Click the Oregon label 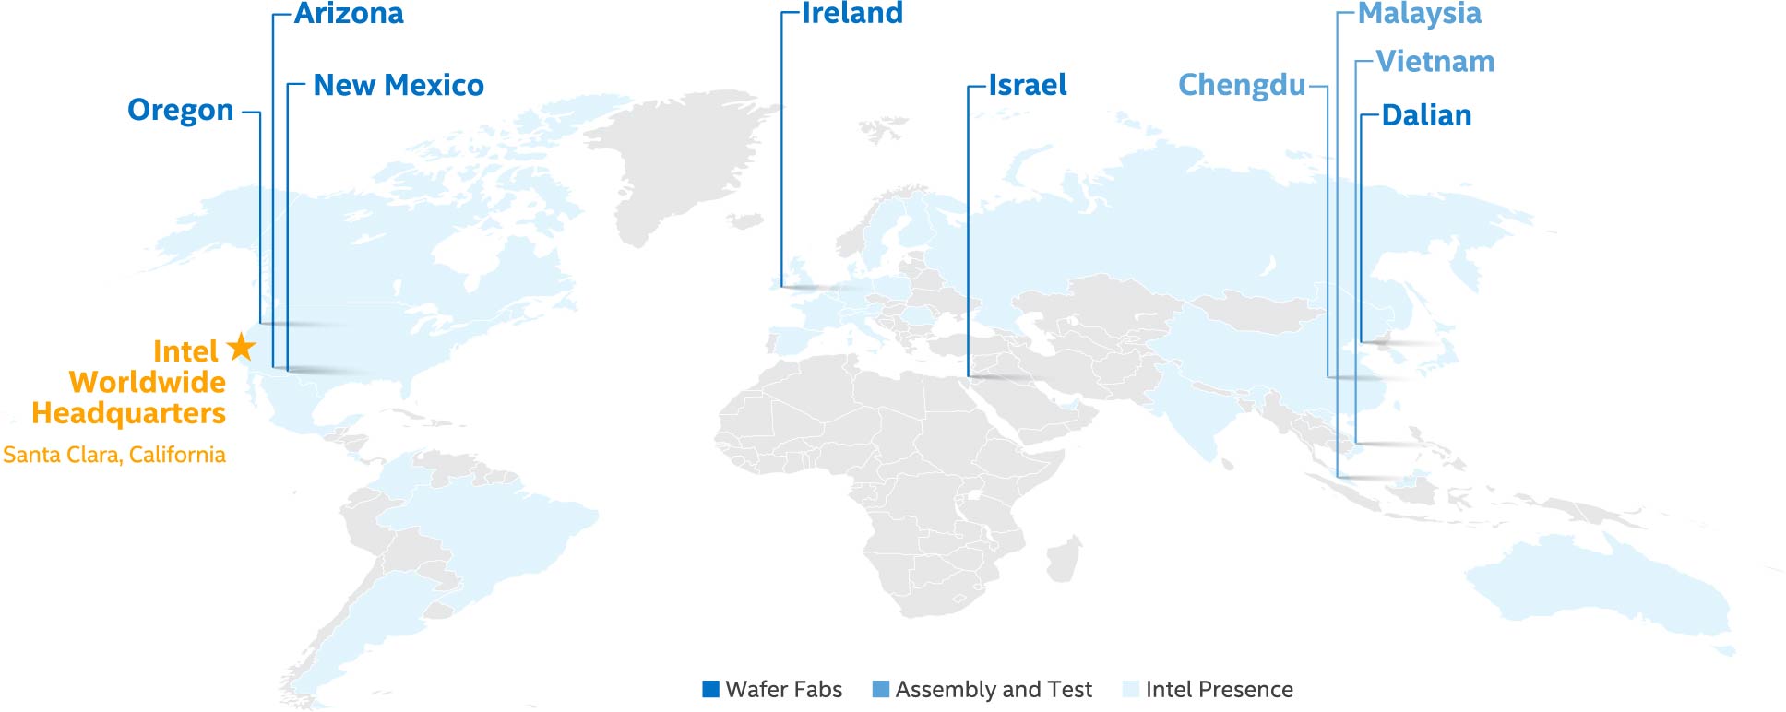180,111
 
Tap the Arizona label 349,14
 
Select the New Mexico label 399,86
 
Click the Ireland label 851,14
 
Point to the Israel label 1027,86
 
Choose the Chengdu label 1242,86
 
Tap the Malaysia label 1419,14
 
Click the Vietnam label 1435,62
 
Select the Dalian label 1426,116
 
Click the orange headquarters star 241,347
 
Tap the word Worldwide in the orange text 148,382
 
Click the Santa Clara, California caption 114,455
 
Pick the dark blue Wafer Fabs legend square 710,689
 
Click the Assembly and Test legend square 881,689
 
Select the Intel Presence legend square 1131,689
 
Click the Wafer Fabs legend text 783,689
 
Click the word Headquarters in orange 129,413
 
